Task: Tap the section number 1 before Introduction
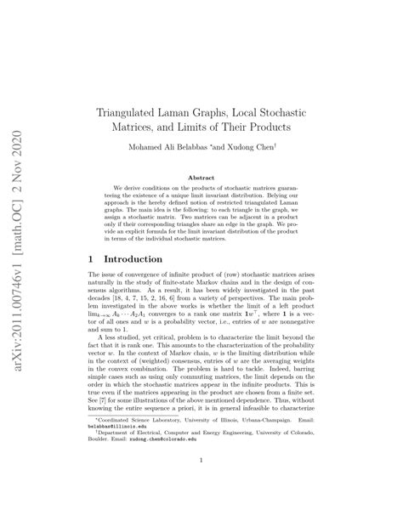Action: [92, 258]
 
